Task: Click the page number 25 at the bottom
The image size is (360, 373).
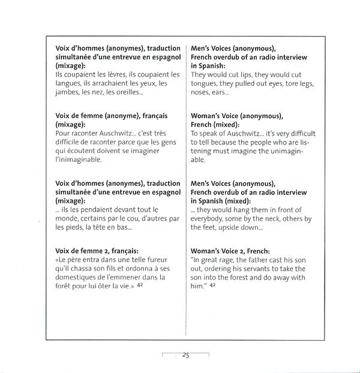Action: pyautogui.click(x=185, y=355)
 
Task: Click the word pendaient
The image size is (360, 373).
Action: pyautogui.click(x=88, y=209)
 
